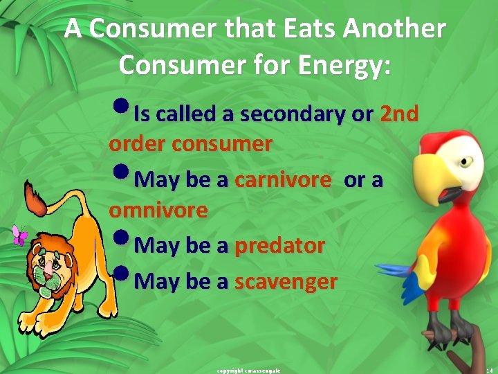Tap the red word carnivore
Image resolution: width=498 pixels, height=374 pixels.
tap(282, 180)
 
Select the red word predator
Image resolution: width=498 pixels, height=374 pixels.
tap(279, 245)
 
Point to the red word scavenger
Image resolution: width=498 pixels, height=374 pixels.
tap(286, 282)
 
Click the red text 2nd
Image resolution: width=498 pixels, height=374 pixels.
tap(399, 114)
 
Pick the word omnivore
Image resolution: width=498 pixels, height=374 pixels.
tap(158, 210)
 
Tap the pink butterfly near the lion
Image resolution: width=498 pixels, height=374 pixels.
tap(20, 235)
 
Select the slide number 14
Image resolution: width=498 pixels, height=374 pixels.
tap(489, 371)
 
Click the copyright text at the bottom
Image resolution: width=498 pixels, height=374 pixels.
tap(249, 371)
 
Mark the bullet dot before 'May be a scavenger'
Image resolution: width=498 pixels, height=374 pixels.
tap(120, 278)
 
